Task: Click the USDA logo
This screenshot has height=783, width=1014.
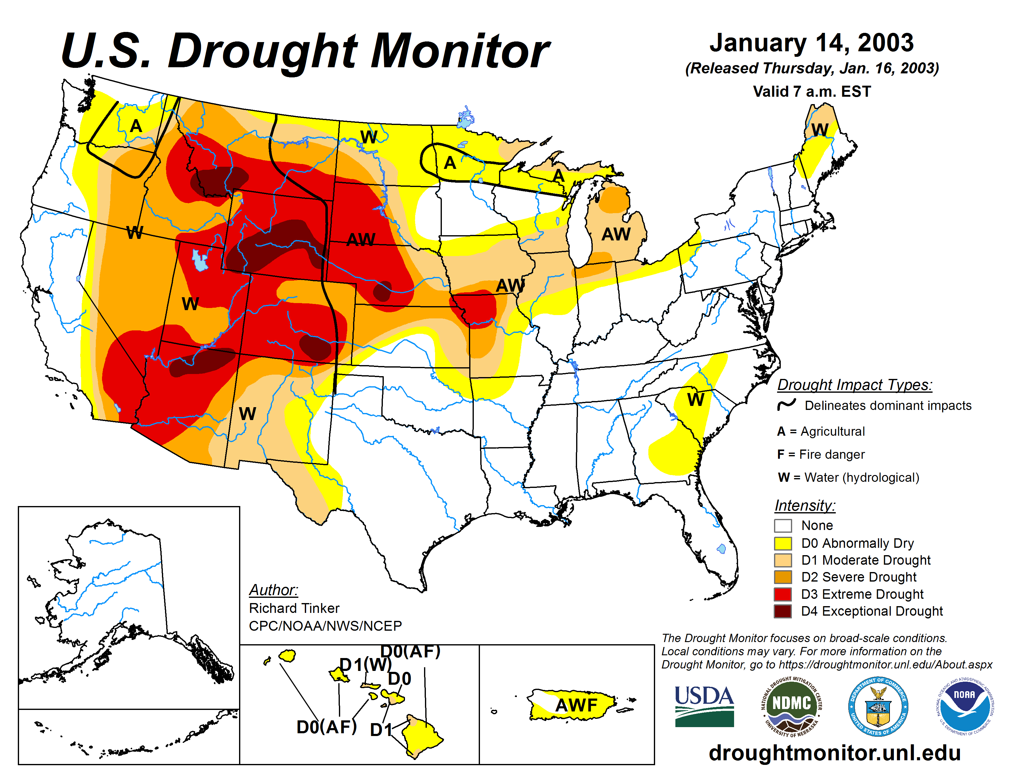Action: (x=704, y=706)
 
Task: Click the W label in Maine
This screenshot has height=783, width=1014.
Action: (x=819, y=130)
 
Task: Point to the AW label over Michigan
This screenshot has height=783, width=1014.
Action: (x=616, y=234)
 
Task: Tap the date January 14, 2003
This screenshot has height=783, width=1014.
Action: (x=811, y=43)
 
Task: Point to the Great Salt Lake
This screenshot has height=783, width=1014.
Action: (x=200, y=261)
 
